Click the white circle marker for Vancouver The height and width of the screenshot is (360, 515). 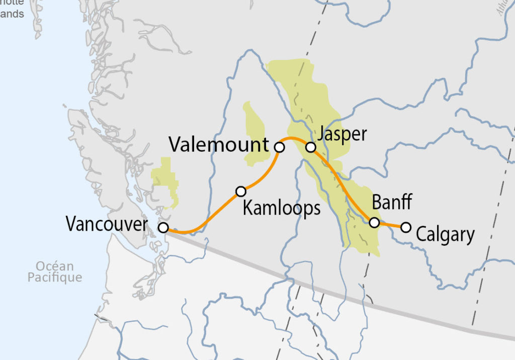click(x=163, y=227)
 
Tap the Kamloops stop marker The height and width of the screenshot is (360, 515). click(x=241, y=191)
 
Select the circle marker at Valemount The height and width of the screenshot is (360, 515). click(x=280, y=147)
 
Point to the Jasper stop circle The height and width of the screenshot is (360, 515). click(x=311, y=147)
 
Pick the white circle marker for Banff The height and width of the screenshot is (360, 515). click(x=374, y=222)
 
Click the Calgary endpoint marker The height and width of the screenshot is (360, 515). click(x=405, y=227)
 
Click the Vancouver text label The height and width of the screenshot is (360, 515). click(x=106, y=224)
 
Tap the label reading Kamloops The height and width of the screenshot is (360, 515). click(x=281, y=208)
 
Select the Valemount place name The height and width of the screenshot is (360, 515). click(x=219, y=145)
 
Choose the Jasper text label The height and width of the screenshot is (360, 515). click(x=342, y=134)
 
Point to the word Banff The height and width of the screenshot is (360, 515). click(x=392, y=202)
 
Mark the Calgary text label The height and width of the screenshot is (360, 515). click(x=445, y=235)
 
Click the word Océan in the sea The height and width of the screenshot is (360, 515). click(x=54, y=266)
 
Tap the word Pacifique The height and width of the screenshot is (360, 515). click(x=54, y=277)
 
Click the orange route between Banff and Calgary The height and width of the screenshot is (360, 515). click(x=390, y=225)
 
